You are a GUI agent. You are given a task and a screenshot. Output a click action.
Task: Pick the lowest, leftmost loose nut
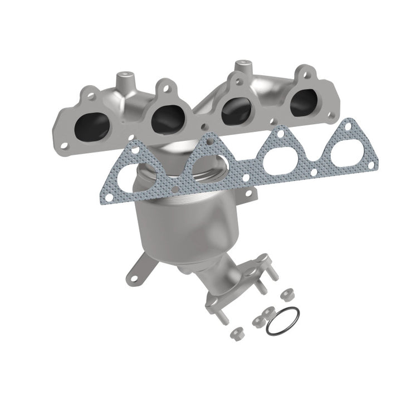click(x=234, y=334)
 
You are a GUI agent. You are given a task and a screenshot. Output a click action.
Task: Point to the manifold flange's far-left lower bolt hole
click(x=65, y=145)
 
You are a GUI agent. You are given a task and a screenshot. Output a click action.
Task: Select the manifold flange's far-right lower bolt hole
click(x=333, y=116)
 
